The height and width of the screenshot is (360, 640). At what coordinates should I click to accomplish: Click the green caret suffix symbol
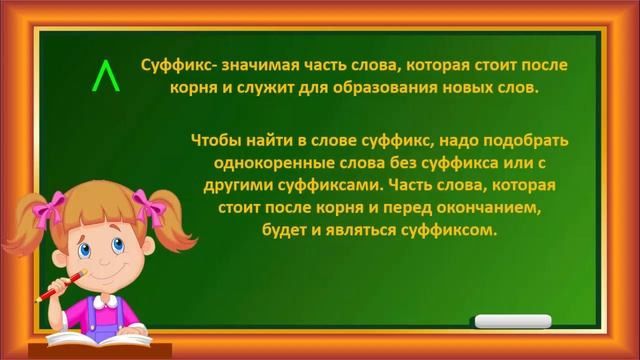[x=104, y=77]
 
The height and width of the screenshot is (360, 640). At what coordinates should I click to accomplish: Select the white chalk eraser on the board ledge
[x=510, y=322]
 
